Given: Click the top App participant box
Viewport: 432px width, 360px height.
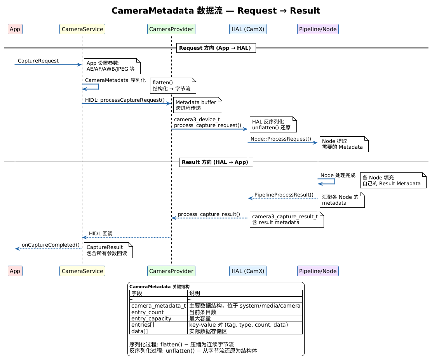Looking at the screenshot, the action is [x=15, y=29].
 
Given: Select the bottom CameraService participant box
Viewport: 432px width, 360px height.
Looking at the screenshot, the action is [x=82, y=271].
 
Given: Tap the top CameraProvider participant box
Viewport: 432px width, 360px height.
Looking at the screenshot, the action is [x=171, y=29].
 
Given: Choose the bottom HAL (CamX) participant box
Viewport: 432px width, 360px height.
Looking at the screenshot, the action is [x=248, y=271].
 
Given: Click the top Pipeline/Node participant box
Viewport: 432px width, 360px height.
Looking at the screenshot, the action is [x=318, y=29].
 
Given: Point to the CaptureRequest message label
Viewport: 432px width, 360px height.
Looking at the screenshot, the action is [x=38, y=61].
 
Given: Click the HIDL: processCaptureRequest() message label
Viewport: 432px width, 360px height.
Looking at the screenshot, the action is [x=125, y=100].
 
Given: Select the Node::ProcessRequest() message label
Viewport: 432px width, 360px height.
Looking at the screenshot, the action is [x=281, y=139].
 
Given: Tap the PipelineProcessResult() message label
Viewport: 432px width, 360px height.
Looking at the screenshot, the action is [x=284, y=195].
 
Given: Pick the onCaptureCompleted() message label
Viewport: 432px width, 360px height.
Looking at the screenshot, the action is [x=51, y=245].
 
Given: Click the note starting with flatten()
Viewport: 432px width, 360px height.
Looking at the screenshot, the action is [x=173, y=86].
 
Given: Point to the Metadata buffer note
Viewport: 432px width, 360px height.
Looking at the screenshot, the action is [x=197, y=105].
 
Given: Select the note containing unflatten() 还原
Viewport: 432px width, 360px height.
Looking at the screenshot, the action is [x=273, y=125].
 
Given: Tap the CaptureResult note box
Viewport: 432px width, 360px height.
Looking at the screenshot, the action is [x=108, y=250].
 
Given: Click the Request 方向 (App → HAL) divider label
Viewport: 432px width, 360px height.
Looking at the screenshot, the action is [x=216, y=48].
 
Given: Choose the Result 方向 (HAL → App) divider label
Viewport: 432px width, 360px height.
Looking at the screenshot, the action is [x=216, y=162].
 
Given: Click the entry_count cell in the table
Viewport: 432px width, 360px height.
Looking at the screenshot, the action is [x=159, y=312].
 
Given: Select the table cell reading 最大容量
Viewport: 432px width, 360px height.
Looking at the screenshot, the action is [x=245, y=318].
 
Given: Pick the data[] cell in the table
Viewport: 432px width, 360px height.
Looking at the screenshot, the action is [x=159, y=331].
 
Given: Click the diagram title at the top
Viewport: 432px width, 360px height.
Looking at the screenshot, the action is [x=216, y=10].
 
